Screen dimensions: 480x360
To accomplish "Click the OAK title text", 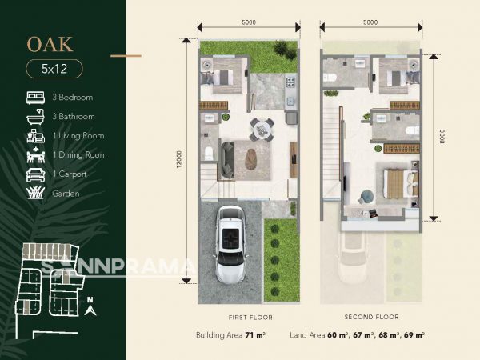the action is tap(50, 44).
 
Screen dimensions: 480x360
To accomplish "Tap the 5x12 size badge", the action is tap(54, 69).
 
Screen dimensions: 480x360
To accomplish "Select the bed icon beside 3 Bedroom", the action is tap(35, 98).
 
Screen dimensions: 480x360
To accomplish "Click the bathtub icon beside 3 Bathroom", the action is tap(35, 117).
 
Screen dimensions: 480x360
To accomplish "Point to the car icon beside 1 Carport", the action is tap(35, 174).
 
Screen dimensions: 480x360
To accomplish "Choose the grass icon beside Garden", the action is tap(35, 194).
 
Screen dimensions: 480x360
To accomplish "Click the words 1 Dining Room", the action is tap(79, 155).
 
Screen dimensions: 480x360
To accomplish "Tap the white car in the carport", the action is tap(230, 244).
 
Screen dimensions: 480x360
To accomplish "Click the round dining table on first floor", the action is tap(262, 130).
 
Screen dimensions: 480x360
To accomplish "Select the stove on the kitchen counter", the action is tap(290, 82).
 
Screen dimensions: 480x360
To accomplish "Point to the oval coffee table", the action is tap(252, 158).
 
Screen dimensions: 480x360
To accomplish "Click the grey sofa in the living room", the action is tap(227, 160).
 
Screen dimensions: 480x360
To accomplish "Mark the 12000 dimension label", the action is tap(179, 159).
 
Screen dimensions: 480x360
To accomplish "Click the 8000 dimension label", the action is tap(442, 136).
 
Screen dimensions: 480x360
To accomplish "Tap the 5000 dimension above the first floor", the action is tap(249, 22).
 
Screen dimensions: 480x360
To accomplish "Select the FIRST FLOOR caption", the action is tap(250, 318).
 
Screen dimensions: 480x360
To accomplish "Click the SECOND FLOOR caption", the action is tap(372, 317).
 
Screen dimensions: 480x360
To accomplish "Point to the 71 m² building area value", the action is tap(255, 335).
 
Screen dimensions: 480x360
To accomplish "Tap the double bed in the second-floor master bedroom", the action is tap(402, 183).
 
